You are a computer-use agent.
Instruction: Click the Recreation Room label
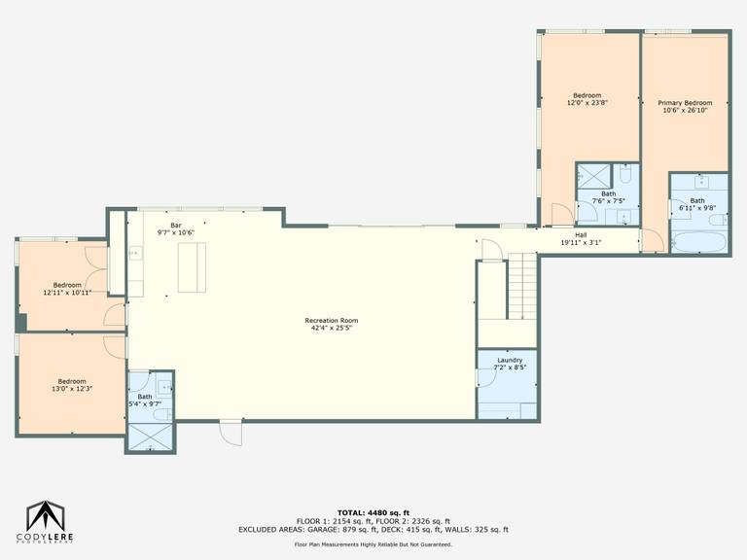(332, 321)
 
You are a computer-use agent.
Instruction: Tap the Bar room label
(176, 226)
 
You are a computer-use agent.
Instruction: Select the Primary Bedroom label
(685, 103)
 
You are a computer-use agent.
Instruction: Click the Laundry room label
(510, 360)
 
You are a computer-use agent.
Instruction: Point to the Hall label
(581, 234)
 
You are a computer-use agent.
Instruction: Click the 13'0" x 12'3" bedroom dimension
(72, 389)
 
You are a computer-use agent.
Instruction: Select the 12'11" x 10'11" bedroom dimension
(67, 293)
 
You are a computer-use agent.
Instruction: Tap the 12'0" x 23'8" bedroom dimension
(587, 102)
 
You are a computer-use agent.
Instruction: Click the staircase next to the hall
(522, 286)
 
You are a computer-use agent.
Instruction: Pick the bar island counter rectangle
(192, 267)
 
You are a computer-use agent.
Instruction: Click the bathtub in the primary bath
(699, 242)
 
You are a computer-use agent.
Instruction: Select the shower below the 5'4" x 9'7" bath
(150, 437)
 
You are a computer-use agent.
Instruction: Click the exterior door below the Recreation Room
(231, 432)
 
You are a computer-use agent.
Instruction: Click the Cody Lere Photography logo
(45, 521)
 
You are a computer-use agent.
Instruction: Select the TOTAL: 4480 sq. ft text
(373, 513)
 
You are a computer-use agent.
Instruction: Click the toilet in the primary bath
(718, 220)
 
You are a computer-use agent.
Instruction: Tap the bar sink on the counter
(136, 253)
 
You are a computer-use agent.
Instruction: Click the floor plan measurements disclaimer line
(373, 544)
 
